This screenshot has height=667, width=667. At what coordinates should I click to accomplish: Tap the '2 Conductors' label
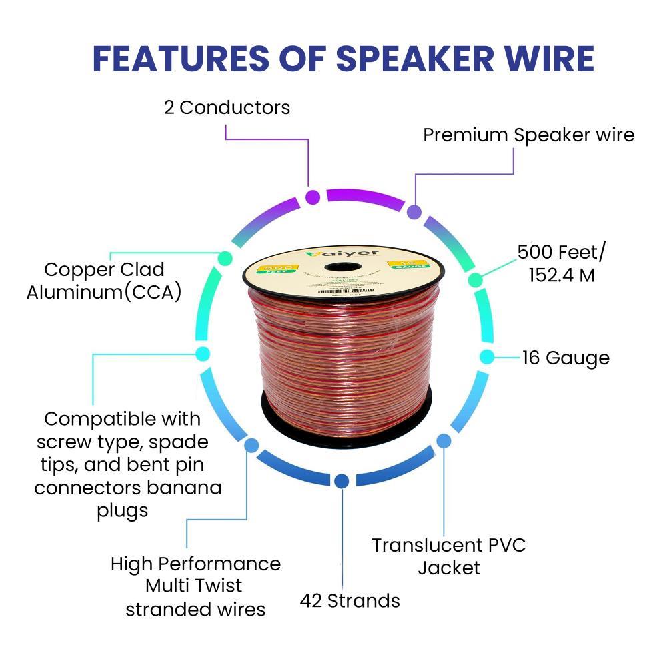[227, 107]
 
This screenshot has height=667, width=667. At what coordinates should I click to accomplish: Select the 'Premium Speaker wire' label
[528, 135]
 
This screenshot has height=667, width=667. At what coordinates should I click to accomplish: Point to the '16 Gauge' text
[566, 358]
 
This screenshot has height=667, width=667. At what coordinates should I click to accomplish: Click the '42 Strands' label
[350, 600]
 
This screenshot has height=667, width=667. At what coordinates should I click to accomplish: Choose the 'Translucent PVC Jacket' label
[449, 556]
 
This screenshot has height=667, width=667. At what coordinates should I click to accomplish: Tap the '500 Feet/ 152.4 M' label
[562, 263]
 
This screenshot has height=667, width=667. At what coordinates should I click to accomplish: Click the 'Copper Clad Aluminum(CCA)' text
[104, 281]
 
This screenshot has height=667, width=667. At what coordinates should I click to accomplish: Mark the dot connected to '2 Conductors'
[312, 197]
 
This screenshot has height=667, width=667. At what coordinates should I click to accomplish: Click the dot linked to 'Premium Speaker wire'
[414, 213]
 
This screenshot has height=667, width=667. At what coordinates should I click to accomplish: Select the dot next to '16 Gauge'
[487, 357]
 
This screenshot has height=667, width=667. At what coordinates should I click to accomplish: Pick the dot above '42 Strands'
[342, 480]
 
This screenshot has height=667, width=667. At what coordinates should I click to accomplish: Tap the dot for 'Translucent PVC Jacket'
[444, 440]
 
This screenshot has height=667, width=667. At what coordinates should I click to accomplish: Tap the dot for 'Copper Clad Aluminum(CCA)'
[225, 257]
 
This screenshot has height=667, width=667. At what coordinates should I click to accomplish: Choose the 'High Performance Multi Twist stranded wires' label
[195, 586]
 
